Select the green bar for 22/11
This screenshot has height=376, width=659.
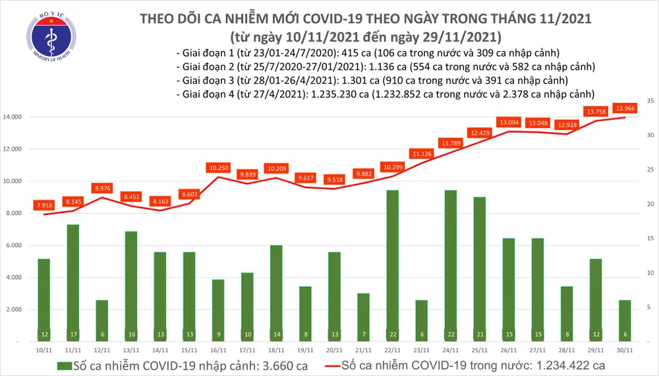click(392, 264)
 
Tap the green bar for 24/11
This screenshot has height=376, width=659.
click(451, 264)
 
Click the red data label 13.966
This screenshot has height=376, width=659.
click(625, 108)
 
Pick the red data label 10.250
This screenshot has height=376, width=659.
click(218, 168)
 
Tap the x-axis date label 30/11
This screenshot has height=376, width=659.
click(625, 350)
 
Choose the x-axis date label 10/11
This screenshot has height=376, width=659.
click(44, 350)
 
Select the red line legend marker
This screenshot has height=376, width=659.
click(343, 365)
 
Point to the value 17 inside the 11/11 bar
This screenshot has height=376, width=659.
click(73, 334)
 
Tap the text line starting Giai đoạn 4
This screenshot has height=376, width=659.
click(386, 94)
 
